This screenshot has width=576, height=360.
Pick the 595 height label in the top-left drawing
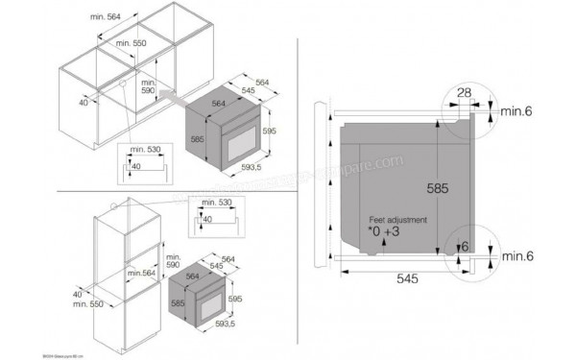pos(272,132)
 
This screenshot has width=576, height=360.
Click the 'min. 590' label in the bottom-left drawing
pos(173,263)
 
